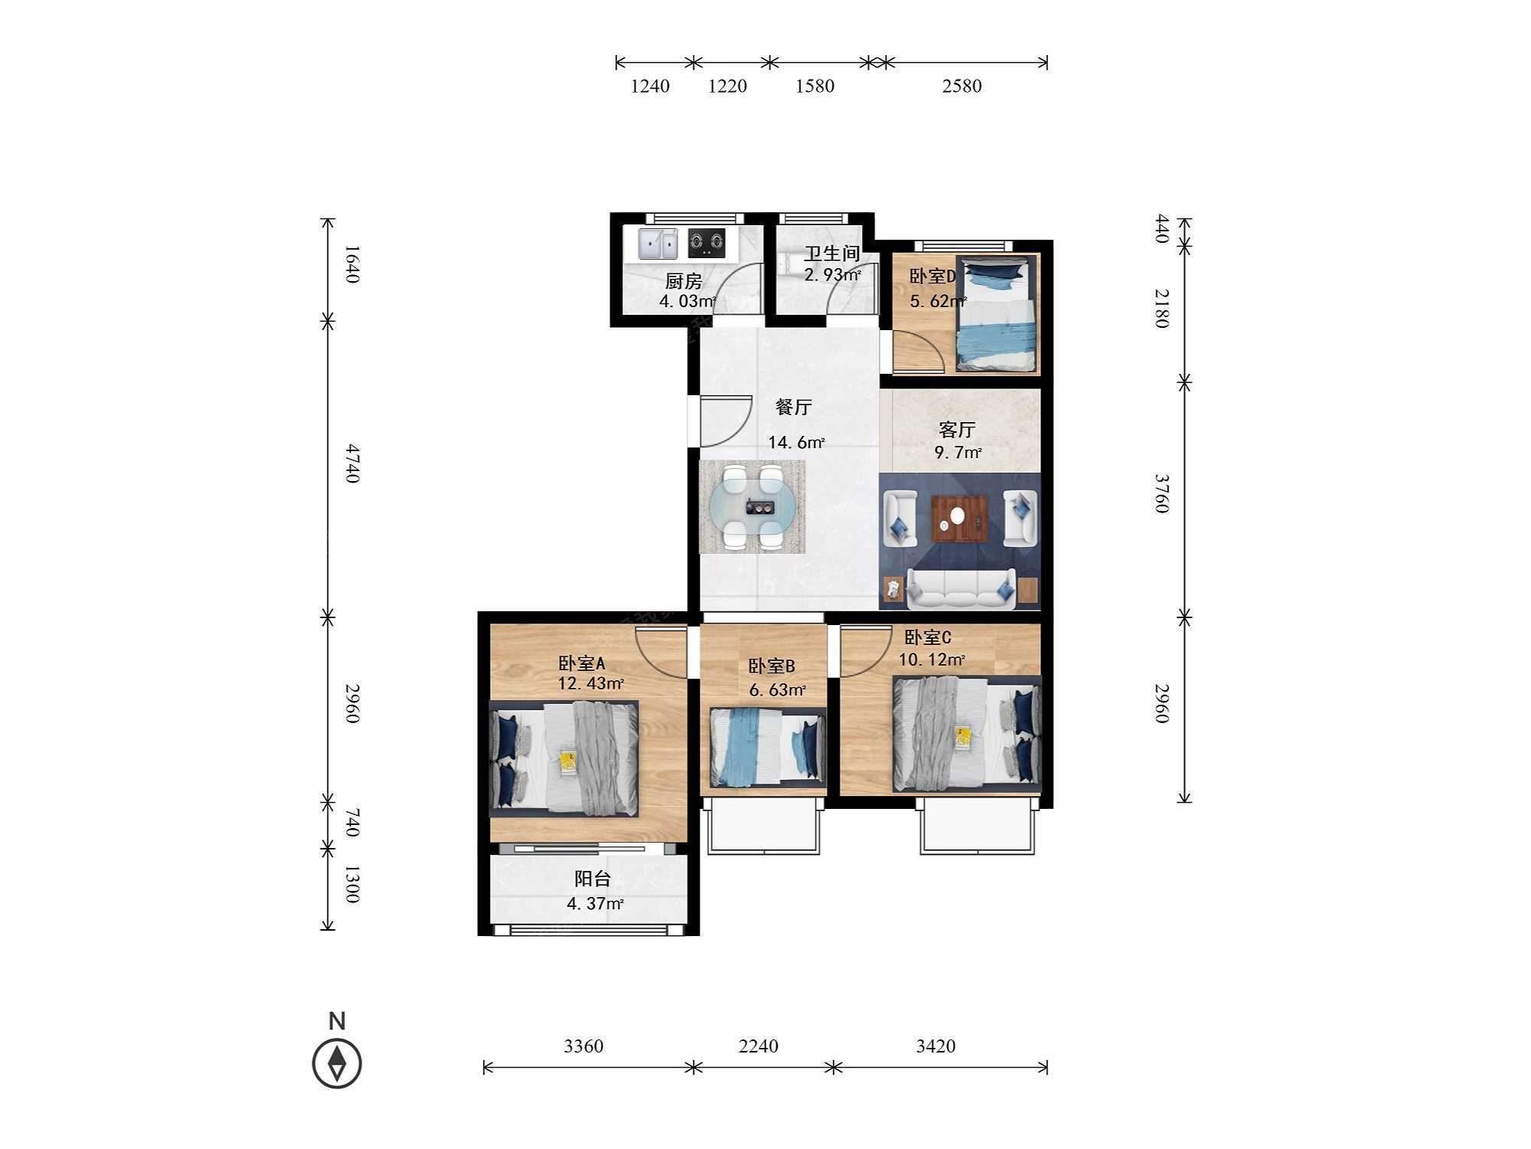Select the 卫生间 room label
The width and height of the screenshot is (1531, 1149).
831,254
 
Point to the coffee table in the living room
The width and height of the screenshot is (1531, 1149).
959,520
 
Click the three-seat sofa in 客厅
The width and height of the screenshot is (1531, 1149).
961,588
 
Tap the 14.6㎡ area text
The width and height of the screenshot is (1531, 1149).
796,442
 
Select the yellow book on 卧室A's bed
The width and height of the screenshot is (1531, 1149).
567,762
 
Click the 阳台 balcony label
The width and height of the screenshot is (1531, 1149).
592,879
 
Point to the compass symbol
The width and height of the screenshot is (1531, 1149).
337,1063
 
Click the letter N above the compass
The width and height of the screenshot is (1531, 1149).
337,1021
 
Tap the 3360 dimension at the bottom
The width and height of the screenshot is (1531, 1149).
583,1046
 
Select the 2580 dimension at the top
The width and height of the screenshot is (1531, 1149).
961,86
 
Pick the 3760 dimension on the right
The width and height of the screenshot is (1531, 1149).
1162,493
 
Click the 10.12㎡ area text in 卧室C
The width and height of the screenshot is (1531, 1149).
932,660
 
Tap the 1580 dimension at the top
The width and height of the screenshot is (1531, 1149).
814,86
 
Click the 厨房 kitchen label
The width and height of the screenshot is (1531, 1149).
684,281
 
